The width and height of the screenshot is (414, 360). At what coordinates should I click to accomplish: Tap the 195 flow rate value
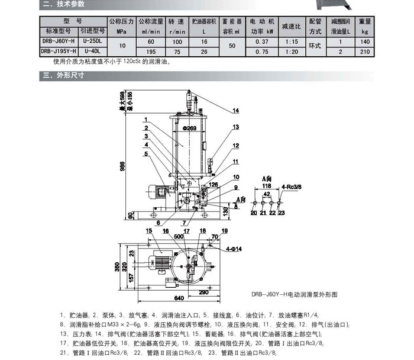point(150,52)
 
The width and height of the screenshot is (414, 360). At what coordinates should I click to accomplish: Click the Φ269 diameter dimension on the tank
point(189,128)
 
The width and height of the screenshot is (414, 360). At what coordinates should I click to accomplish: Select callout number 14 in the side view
point(235,111)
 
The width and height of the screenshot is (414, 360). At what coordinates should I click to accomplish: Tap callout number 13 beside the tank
point(235,127)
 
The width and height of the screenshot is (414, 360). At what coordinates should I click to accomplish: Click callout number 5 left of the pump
point(145,153)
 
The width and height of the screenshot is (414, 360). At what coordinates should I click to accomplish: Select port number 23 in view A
point(281,212)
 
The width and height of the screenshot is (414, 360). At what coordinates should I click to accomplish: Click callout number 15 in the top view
point(149,230)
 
